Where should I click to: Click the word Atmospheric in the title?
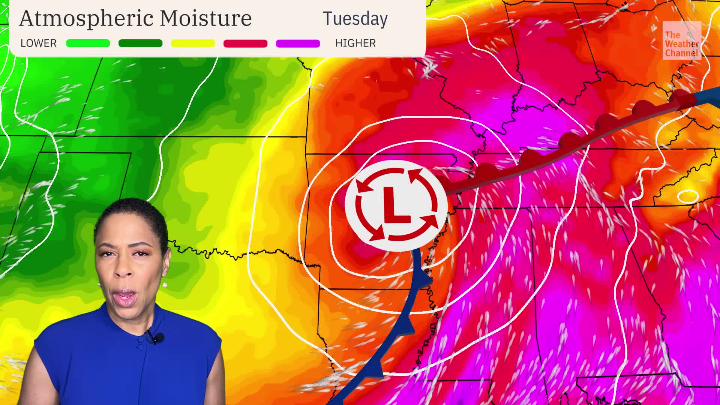point(87,18)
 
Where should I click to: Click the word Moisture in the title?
point(205,18)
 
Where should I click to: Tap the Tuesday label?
point(355,19)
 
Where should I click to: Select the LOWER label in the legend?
point(39,43)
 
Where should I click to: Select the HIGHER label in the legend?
point(355,43)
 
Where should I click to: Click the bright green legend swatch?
point(88,43)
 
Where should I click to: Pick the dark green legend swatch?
point(140,43)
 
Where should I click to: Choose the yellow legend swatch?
point(193,43)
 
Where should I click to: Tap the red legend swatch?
point(245,43)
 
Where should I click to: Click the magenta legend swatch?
point(298,43)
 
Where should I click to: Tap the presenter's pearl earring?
point(164,285)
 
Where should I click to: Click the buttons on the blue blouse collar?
point(141,343)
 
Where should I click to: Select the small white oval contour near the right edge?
point(688,196)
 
